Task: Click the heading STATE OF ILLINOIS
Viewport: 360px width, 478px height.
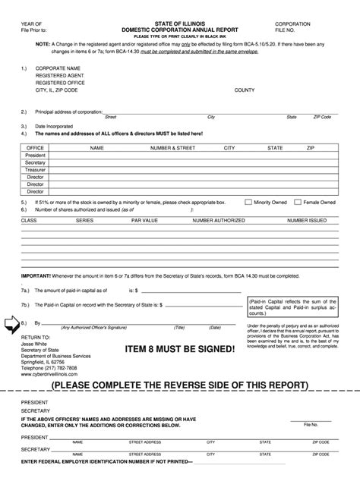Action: coord(179,24)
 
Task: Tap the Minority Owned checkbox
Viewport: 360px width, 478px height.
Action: coord(248,203)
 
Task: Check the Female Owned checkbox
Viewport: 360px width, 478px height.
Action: coord(298,203)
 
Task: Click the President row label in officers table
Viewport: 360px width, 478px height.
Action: coord(36,155)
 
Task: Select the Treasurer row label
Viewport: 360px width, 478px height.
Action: coord(36,170)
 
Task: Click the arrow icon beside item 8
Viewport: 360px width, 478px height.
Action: coord(13,324)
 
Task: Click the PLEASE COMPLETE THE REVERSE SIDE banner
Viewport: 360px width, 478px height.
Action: coord(180,385)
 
